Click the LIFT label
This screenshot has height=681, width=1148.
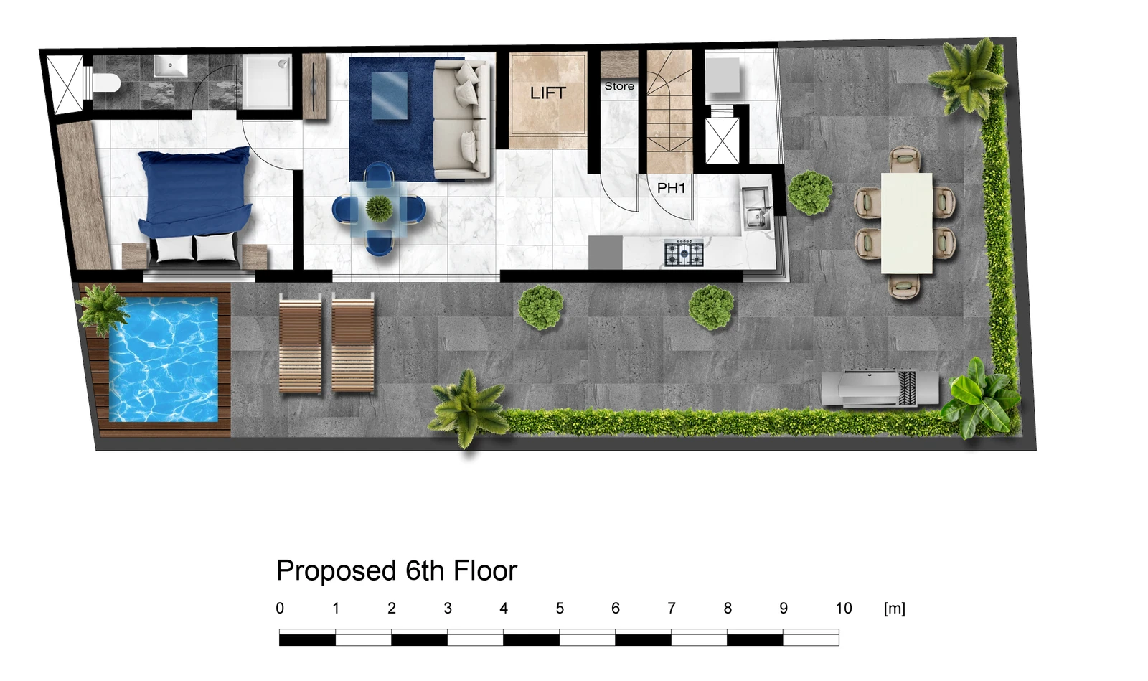(x=548, y=93)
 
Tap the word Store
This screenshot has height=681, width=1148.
(x=619, y=86)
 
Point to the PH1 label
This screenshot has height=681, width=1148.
(x=671, y=188)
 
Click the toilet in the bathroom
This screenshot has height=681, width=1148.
(x=106, y=83)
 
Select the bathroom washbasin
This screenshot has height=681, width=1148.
(x=171, y=66)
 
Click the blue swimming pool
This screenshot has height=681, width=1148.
(x=163, y=360)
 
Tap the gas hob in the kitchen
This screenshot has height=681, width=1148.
(x=684, y=253)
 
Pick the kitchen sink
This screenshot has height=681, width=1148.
(x=756, y=208)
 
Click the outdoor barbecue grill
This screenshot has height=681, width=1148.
(x=880, y=388)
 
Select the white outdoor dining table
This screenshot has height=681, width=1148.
(x=906, y=223)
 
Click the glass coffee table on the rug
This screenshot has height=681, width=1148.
(x=389, y=96)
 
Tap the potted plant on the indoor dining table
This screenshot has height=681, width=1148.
(x=380, y=209)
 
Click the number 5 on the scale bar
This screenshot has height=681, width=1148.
(x=560, y=609)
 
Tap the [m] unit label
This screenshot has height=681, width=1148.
(x=894, y=609)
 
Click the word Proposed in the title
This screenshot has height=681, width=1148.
(x=337, y=571)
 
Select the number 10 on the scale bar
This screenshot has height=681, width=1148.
(x=844, y=609)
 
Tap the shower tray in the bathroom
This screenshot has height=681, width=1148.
(x=267, y=82)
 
